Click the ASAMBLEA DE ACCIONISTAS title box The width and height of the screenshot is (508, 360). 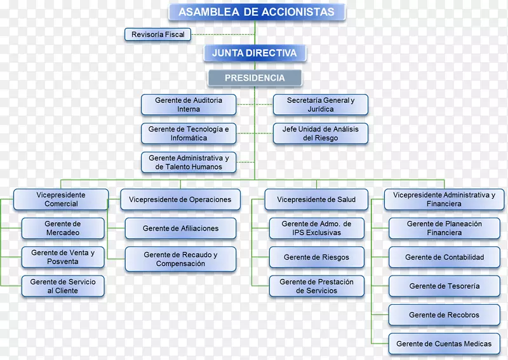pyautogui.click(x=256, y=12)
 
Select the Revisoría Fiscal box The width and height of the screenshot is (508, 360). pyautogui.click(x=158, y=34)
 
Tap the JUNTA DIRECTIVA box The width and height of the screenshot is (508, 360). pyautogui.click(x=255, y=53)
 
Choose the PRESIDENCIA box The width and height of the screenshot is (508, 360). pyautogui.click(x=255, y=78)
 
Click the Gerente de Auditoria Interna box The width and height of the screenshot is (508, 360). pyautogui.click(x=189, y=105)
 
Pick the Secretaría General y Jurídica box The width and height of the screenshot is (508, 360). pyautogui.click(x=321, y=105)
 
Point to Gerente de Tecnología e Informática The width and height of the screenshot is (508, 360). pyautogui.click(x=189, y=133)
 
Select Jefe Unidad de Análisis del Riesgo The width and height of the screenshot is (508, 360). pyautogui.click(x=321, y=133)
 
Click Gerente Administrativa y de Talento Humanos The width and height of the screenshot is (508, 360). pyautogui.click(x=189, y=162)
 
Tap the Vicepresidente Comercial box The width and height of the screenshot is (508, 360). pyautogui.click(x=61, y=199)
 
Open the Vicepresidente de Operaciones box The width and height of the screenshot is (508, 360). pyautogui.click(x=180, y=199)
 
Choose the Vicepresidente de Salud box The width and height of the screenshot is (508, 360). pyautogui.click(x=316, y=199)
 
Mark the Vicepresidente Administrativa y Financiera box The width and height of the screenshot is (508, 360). pyautogui.click(x=444, y=199)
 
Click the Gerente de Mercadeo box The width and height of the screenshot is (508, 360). pyautogui.click(x=63, y=228)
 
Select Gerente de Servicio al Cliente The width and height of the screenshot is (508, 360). pyautogui.click(x=63, y=286)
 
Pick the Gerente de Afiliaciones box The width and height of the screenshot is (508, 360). pyautogui.click(x=180, y=228)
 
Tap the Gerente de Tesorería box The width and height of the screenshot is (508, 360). pyautogui.click(x=444, y=286)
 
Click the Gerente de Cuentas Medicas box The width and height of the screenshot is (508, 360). pyautogui.click(x=444, y=343)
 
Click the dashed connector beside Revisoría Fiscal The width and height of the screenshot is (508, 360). pyautogui.click(x=222, y=34)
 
